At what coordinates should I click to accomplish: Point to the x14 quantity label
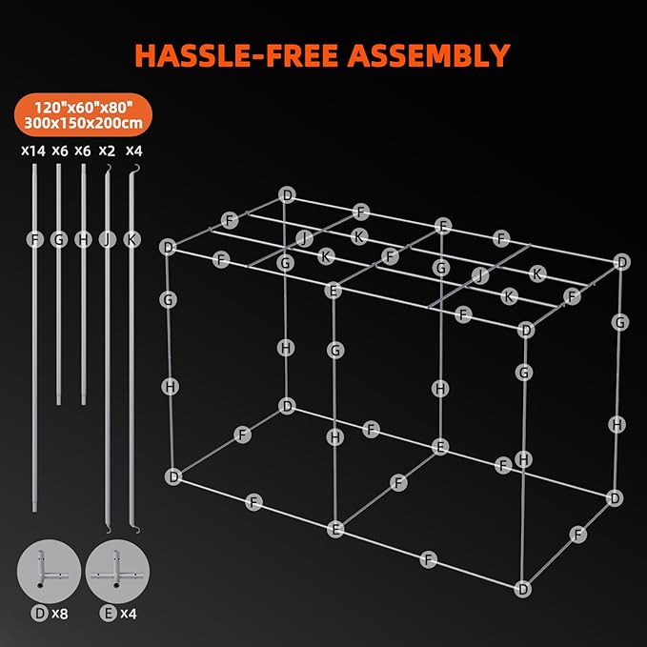click(33, 150)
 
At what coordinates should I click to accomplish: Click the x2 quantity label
click(107, 150)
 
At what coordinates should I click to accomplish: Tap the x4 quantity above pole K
click(131, 150)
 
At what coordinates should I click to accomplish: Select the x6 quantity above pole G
click(59, 150)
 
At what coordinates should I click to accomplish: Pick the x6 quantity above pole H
click(83, 150)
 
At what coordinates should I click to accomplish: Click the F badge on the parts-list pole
click(35, 239)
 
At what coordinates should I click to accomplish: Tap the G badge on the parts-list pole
click(59, 239)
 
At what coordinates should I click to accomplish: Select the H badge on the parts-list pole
click(83, 239)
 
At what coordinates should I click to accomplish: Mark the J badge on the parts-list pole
click(107, 239)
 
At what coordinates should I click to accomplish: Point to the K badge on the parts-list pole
click(131, 239)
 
